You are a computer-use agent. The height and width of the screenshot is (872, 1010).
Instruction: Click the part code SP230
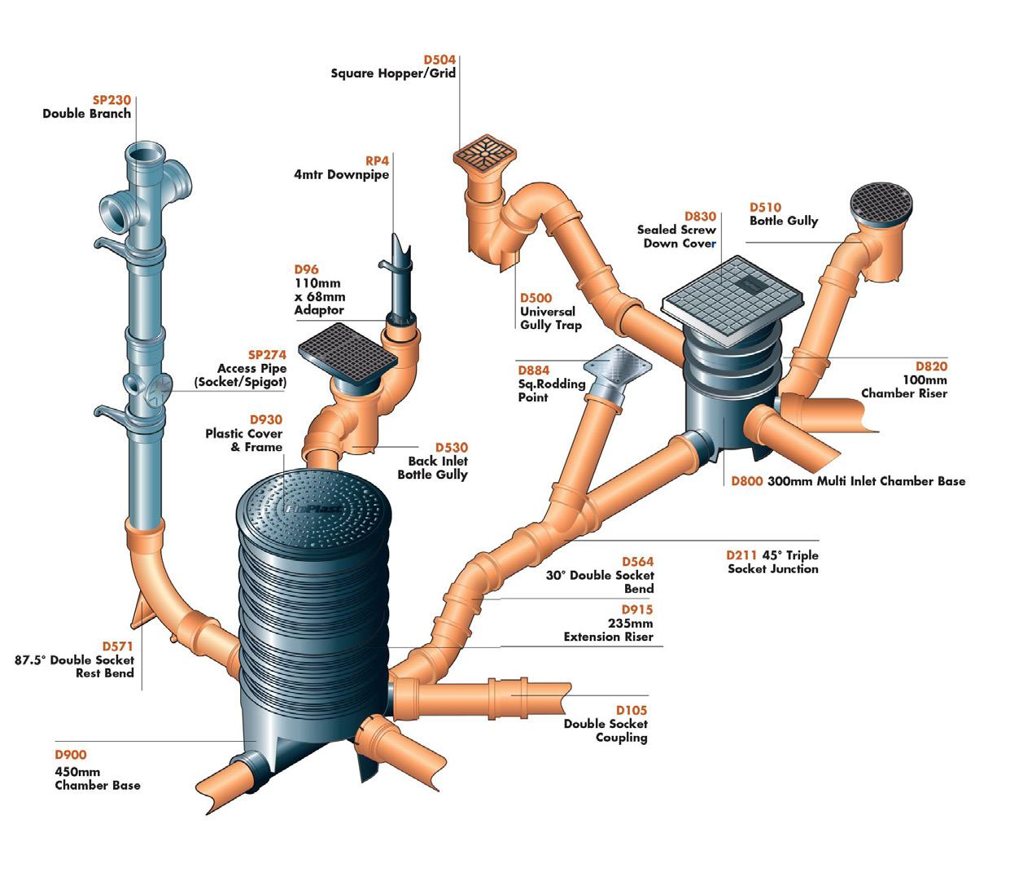pos(112,100)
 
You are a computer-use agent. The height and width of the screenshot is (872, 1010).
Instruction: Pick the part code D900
pos(70,755)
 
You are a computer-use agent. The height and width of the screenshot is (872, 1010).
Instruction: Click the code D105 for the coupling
pos(631,710)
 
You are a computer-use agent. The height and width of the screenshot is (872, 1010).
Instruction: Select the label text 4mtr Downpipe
pos(341,175)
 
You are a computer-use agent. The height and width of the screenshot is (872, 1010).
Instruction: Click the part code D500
pos(536,298)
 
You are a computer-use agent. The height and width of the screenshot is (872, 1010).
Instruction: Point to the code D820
pos(931,366)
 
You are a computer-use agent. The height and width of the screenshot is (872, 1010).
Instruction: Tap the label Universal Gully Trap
pos(551,318)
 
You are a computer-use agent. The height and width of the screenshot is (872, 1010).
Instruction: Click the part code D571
pos(118,646)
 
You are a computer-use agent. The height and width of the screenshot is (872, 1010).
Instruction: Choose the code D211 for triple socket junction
pos(742,555)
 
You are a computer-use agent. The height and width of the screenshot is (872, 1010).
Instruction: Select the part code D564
pos(637,562)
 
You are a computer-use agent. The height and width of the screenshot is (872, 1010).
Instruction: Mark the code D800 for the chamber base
pos(746,481)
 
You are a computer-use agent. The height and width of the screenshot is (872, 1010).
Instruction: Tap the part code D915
pos(637,610)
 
